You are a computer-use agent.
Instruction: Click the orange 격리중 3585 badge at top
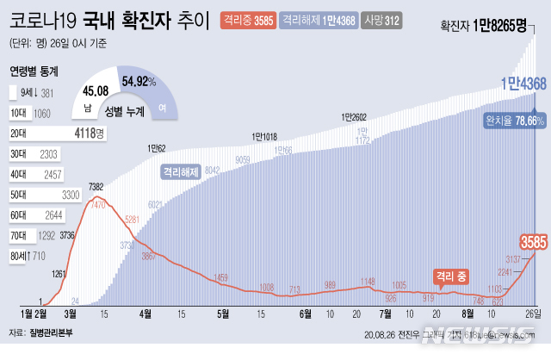(248, 19)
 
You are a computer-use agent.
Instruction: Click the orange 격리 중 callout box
(451, 276)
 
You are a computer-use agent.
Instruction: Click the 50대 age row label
(18, 195)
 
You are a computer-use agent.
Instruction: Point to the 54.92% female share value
(139, 82)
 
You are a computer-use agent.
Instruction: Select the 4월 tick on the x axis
(144, 314)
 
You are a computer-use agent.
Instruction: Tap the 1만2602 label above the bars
(354, 117)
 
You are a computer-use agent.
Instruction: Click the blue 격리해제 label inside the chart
(181, 171)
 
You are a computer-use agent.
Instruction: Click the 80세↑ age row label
(20, 256)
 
